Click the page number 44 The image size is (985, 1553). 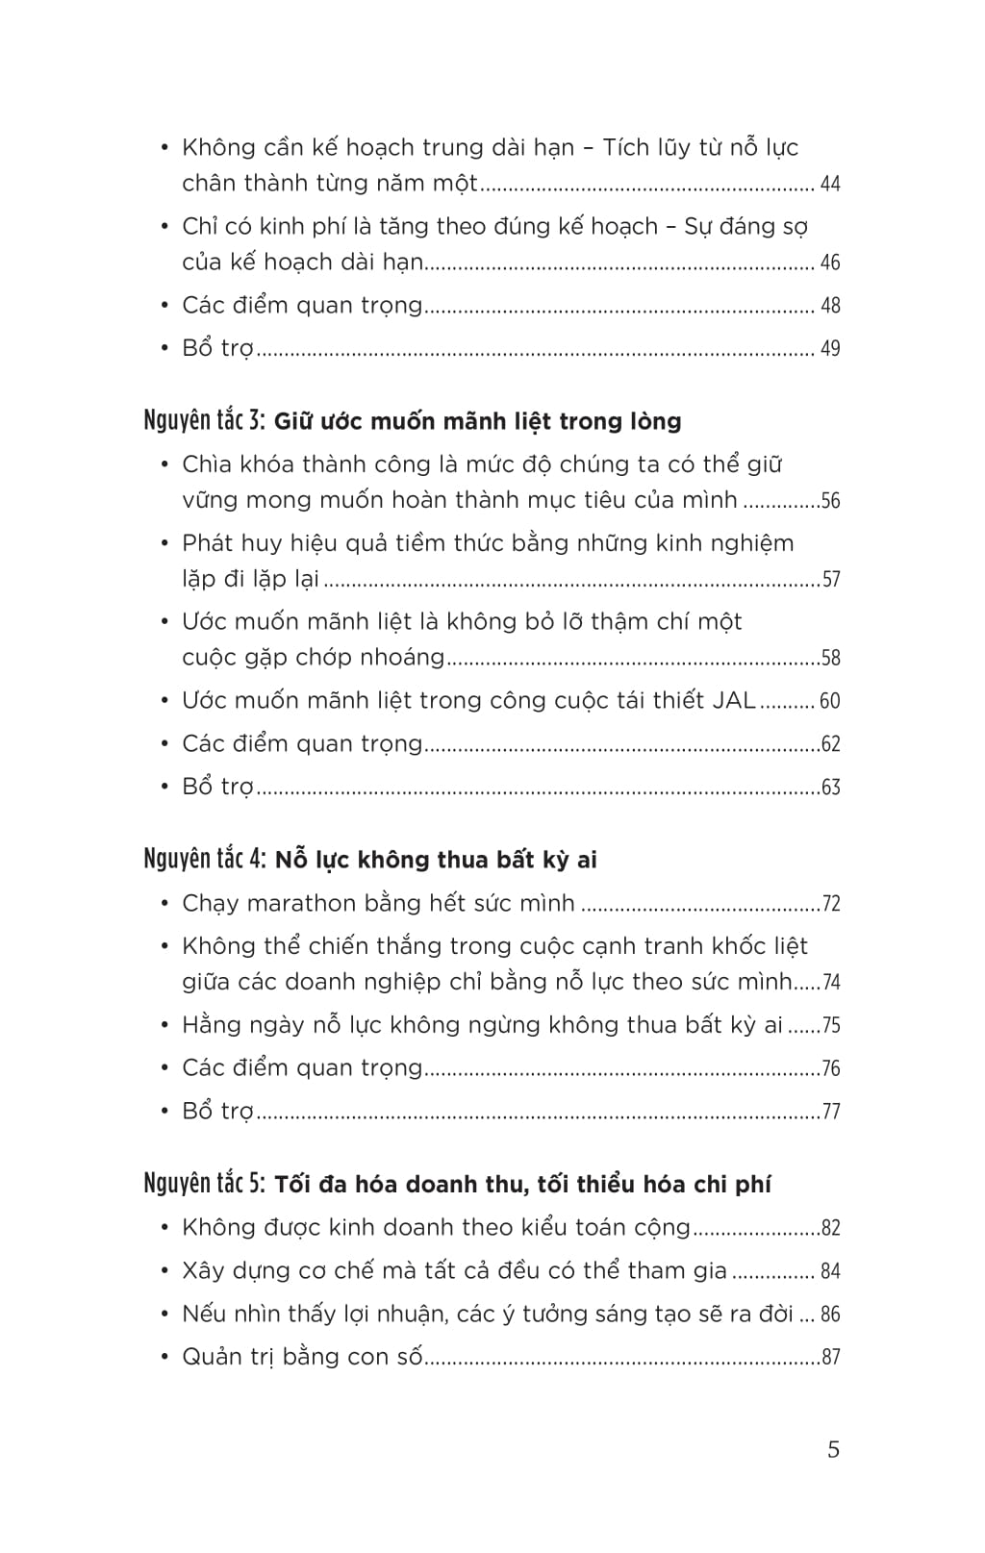coord(829,184)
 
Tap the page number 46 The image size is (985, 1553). coord(829,263)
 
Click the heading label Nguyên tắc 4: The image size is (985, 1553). coord(203,859)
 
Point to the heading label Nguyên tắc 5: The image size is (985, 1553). coord(203,1183)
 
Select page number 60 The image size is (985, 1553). coord(829,701)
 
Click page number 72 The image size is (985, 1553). coord(831,904)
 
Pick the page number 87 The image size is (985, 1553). coord(831,1358)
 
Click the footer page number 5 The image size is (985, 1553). coord(833,1449)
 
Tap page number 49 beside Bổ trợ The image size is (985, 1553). coord(829,348)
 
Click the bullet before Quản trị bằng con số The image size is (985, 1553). coord(164,1357)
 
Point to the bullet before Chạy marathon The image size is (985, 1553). coord(164,904)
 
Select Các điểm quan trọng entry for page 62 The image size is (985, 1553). coord(302,743)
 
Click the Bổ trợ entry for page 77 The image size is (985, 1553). coord(217,1112)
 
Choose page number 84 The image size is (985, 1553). coord(829,1271)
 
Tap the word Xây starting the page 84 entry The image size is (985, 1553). coord(203,1271)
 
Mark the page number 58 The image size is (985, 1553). coord(831,659)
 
